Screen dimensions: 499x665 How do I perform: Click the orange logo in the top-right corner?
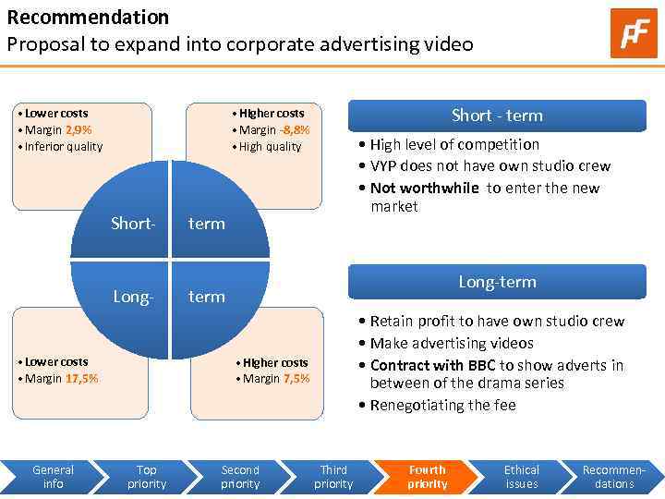pos(634,33)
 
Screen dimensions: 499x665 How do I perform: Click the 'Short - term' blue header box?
pos(496,116)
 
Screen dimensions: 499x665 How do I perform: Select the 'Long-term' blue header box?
pos(496,282)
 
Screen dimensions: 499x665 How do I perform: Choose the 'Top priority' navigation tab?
pos(146,477)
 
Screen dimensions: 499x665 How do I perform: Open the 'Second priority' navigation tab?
pos(240,477)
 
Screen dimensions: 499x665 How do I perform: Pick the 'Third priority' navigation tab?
pos(333,477)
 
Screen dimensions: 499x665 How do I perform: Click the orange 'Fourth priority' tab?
pos(427,477)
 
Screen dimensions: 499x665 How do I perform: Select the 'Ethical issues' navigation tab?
pos(521,477)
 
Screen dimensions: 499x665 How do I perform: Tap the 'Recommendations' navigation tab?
pos(614,477)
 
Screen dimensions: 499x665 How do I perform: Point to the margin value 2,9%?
pos(79,130)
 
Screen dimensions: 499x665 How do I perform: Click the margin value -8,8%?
pos(295,130)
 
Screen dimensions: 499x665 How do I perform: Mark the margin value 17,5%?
pos(81,378)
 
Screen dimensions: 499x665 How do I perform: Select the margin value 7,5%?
pos(296,379)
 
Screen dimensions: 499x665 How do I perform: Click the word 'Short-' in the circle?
pos(133,223)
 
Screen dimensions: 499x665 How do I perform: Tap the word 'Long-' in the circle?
pos(133,297)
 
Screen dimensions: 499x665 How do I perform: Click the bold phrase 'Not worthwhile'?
pos(424,189)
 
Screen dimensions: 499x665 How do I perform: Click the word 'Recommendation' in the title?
pos(88,17)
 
